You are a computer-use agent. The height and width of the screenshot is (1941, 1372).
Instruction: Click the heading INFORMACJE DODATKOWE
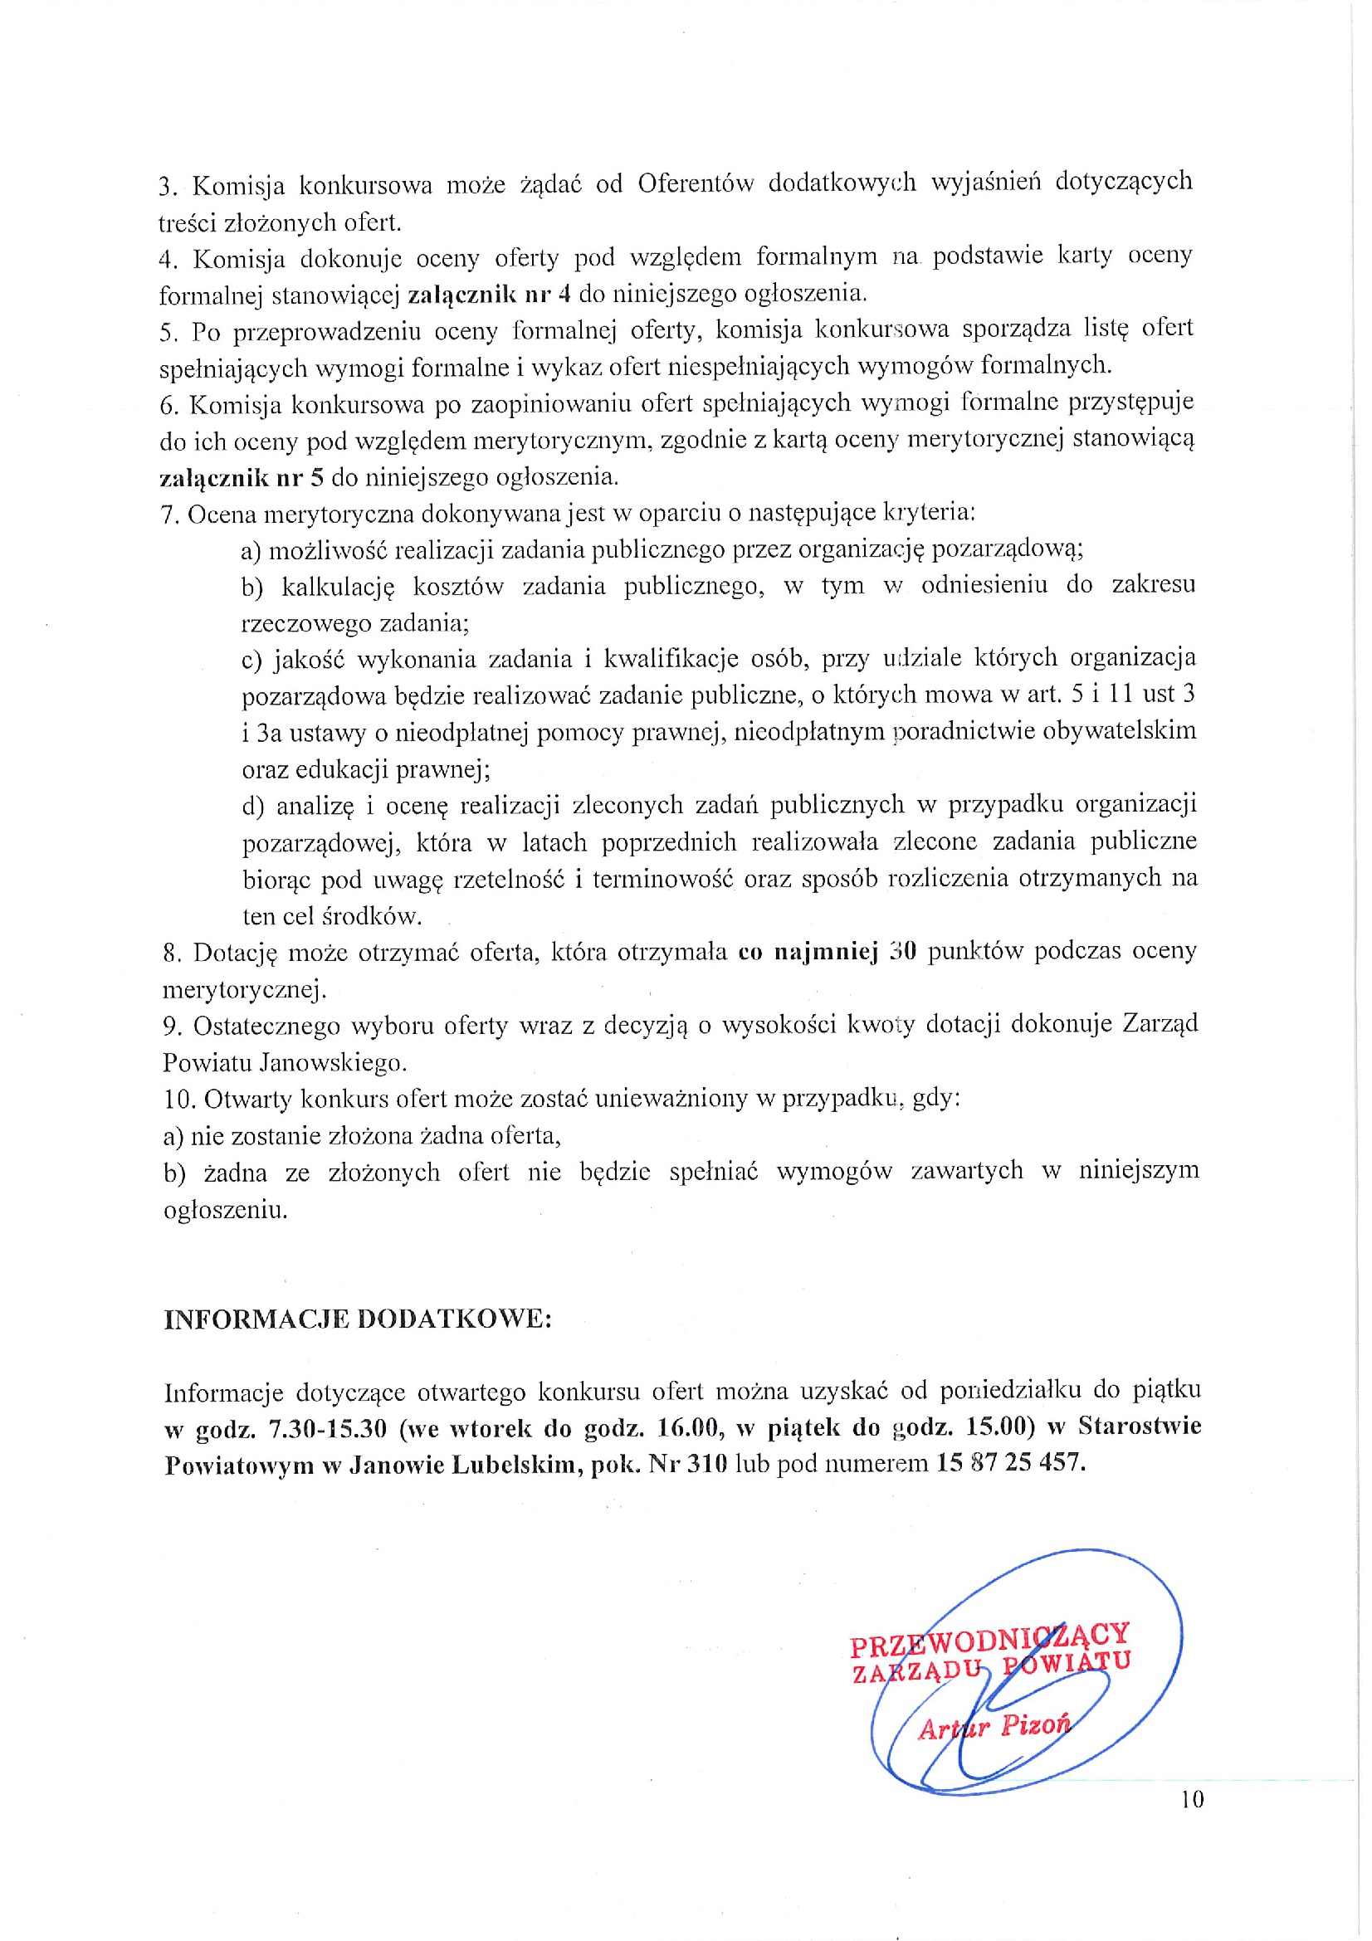click(358, 1320)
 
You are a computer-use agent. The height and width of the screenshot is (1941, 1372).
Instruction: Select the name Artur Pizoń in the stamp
click(994, 1726)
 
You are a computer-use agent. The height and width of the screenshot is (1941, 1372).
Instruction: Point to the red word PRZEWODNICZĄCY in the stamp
click(989, 1639)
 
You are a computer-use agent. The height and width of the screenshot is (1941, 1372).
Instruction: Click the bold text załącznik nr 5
click(242, 478)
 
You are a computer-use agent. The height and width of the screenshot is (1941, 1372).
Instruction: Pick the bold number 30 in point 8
click(903, 952)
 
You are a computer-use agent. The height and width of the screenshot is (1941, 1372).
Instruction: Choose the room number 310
click(706, 1463)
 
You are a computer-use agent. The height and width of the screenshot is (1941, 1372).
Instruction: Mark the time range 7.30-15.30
click(327, 1429)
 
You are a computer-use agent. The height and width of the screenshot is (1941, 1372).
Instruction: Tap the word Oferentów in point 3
click(695, 183)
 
